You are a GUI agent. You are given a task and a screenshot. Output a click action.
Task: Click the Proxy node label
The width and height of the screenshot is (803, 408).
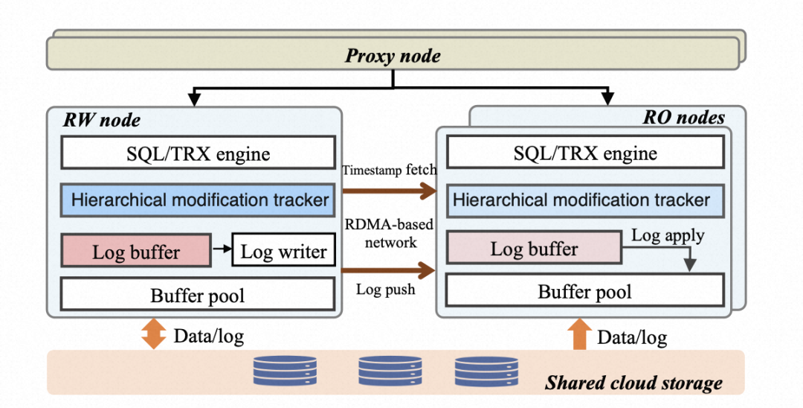tap(393, 55)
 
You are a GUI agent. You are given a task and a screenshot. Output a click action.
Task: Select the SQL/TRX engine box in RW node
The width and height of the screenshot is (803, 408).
tap(199, 152)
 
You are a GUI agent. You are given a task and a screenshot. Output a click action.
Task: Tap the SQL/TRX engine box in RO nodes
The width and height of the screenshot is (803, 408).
tap(585, 152)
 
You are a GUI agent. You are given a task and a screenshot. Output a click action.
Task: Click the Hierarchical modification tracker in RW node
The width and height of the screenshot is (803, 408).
tap(199, 200)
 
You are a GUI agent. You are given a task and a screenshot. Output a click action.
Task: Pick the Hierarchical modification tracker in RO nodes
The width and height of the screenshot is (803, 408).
tap(585, 200)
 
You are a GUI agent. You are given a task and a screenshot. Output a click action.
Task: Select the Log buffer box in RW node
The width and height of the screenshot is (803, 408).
tap(136, 251)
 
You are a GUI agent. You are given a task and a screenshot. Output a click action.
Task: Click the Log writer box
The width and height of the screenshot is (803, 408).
tap(284, 251)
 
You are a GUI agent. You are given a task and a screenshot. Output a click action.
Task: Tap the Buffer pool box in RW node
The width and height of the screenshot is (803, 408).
tap(199, 295)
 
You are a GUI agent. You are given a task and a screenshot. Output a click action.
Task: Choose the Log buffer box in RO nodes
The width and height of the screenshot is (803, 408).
tap(534, 248)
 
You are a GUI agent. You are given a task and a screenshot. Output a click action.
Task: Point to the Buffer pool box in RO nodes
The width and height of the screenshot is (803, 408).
tap(585, 291)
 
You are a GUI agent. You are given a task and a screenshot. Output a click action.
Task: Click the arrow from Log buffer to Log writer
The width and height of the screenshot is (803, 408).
tap(222, 249)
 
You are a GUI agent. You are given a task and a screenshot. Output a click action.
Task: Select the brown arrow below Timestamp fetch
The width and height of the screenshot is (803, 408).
tap(389, 191)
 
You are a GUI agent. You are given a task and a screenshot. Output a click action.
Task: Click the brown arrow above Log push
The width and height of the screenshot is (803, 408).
tap(388, 270)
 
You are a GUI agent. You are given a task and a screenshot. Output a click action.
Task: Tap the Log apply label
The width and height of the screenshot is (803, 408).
tap(668, 236)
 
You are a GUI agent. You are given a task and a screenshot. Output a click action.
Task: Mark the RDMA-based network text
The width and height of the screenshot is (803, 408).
tap(389, 233)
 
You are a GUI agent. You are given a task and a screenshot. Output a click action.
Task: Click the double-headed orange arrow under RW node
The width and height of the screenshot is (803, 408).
tap(154, 334)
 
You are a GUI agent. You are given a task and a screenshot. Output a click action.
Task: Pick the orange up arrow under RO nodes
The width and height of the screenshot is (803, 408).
tap(580, 334)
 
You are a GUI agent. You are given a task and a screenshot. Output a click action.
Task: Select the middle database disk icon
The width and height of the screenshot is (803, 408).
tap(390, 372)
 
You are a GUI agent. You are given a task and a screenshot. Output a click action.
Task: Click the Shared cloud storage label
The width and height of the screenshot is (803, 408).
tap(633, 383)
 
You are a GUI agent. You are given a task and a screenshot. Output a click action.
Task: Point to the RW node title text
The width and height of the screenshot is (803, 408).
tap(102, 121)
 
